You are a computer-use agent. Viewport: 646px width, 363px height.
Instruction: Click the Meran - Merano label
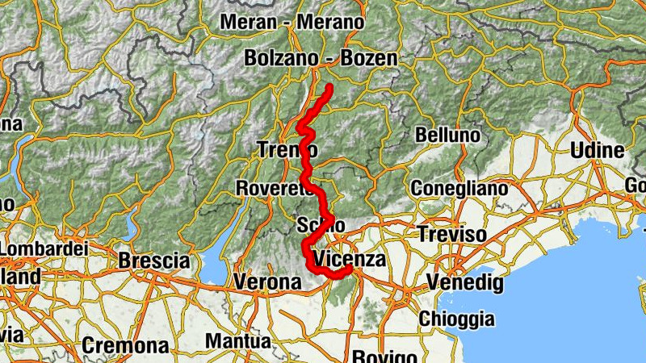point(292,23)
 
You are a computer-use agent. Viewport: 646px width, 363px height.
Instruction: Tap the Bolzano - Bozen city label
point(321,58)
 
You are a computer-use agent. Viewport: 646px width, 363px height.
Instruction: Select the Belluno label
point(447,135)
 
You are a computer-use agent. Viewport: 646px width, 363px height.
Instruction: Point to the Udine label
point(597,150)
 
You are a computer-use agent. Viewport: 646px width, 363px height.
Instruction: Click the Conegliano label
point(459,188)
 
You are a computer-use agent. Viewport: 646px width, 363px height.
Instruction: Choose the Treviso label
point(452,235)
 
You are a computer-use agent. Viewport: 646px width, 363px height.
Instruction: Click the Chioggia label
point(455,319)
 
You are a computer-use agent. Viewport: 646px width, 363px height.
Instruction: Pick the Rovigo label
point(384,356)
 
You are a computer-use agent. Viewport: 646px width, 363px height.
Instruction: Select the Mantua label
point(238,341)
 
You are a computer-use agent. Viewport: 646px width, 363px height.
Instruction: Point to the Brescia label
point(153,261)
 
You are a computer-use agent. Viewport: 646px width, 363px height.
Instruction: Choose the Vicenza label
point(349,259)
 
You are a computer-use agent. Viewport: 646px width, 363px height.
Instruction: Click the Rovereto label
point(274,188)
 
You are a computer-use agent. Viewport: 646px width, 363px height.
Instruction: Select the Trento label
point(287,149)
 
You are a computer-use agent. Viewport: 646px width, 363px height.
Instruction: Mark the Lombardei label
point(44,249)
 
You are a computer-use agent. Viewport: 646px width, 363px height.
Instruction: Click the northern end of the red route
point(329,86)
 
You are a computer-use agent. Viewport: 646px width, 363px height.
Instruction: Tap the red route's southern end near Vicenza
point(349,270)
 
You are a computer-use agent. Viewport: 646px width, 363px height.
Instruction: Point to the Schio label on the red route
point(321,224)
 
